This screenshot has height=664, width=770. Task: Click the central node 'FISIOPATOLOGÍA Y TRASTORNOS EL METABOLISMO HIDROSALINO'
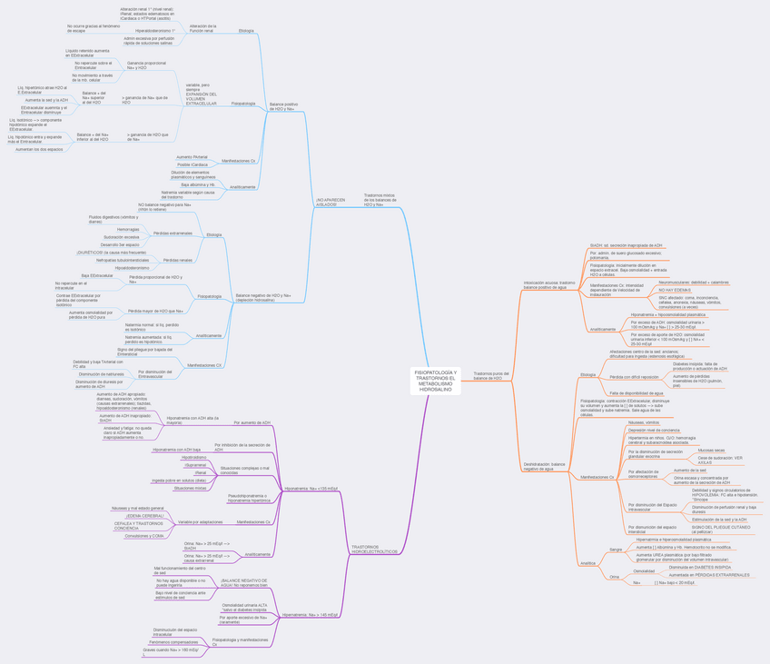click(x=434, y=382)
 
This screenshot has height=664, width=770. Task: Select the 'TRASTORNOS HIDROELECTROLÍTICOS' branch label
click(x=374, y=550)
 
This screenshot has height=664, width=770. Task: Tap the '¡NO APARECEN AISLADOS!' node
click(x=332, y=202)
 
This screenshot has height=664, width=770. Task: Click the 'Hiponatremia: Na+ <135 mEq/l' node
click(x=311, y=489)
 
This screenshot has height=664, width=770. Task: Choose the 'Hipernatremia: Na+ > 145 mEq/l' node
click(x=310, y=615)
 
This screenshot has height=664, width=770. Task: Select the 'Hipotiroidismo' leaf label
click(x=193, y=458)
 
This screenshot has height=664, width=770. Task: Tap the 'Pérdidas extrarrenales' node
click(x=173, y=233)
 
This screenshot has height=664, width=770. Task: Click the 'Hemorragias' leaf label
click(x=128, y=230)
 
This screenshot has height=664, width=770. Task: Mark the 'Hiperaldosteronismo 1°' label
click(x=155, y=31)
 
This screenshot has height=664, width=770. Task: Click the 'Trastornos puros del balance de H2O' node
click(x=491, y=375)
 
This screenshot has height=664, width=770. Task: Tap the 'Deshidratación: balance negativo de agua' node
click(x=544, y=466)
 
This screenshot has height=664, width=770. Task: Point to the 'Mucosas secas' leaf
click(x=711, y=451)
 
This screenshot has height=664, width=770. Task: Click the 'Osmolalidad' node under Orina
click(x=644, y=571)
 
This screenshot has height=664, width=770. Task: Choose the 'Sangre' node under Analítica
click(x=616, y=550)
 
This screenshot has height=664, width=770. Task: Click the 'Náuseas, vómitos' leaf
click(x=644, y=422)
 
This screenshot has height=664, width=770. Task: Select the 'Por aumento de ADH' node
click(x=252, y=422)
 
